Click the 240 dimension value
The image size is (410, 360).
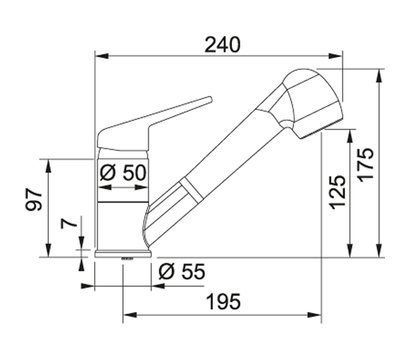[222, 45]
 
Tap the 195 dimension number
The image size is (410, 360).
[223, 302]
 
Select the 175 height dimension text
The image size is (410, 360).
[366, 164]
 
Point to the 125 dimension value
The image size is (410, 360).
[337, 192]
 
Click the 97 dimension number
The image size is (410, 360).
[34, 200]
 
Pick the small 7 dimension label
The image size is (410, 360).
[68, 223]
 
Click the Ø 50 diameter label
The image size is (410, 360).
[123, 173]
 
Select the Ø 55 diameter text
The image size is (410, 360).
[182, 271]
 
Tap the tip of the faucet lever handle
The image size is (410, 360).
[210, 99]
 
